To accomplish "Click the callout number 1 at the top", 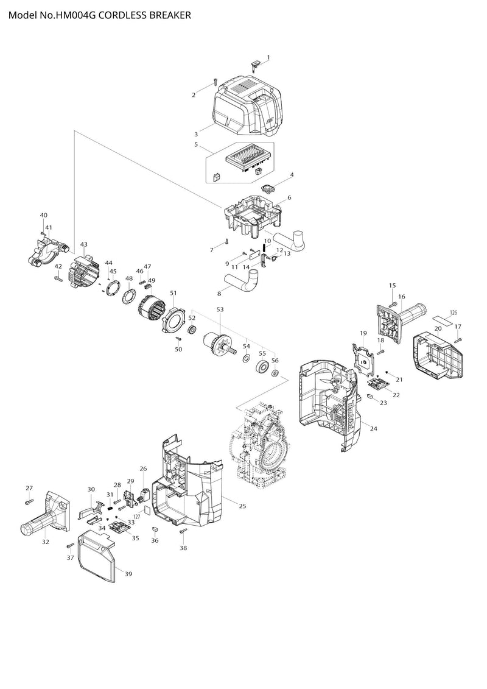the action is (x=268, y=57).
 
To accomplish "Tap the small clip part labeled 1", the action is (x=255, y=65).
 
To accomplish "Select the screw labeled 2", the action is (x=215, y=82).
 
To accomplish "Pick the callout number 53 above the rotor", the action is (x=220, y=309).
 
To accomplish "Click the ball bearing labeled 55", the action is (x=263, y=367).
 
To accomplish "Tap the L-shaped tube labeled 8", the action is (x=242, y=281).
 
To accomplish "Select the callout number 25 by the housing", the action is (x=242, y=506).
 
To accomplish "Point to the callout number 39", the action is (x=128, y=573).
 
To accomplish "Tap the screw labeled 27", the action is (x=30, y=501).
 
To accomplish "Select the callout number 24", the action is (x=373, y=428).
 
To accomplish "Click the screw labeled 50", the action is (x=179, y=339).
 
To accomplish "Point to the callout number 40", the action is (x=43, y=215).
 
